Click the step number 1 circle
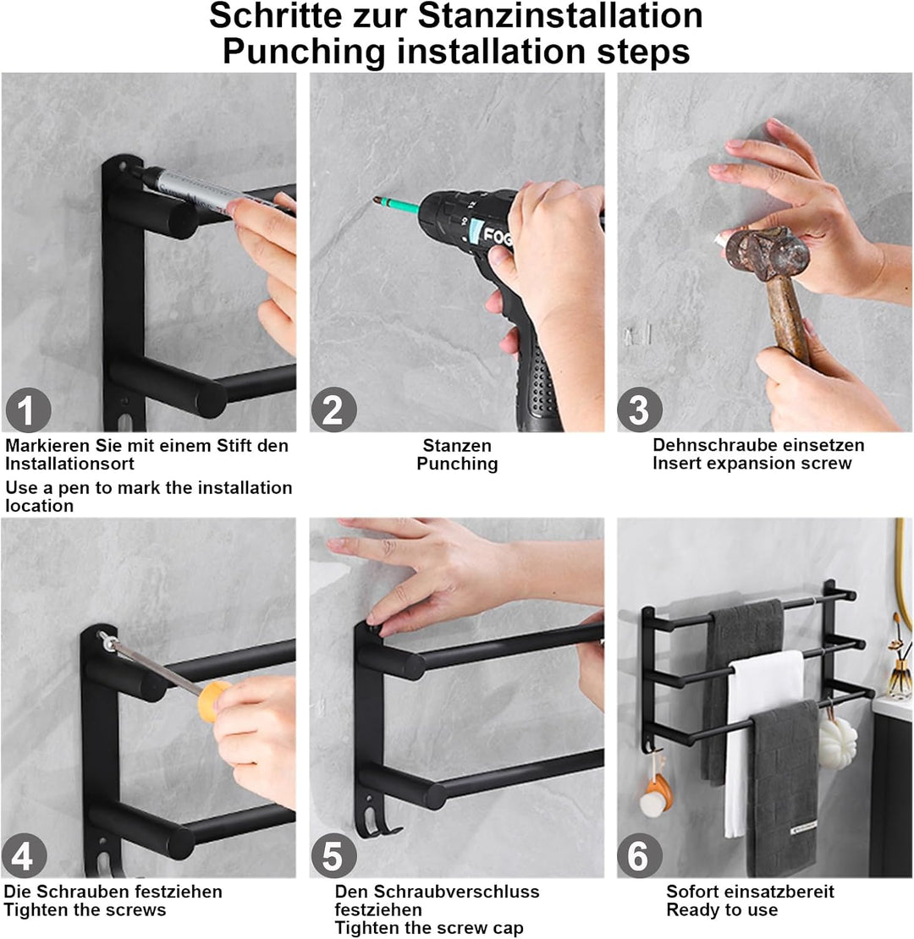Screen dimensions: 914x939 [x=28, y=410]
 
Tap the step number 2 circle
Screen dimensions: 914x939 [x=333, y=410]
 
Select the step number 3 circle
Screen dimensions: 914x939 [x=640, y=410]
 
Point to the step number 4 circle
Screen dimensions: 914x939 [x=24, y=856]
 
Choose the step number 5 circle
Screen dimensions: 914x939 [x=333, y=856]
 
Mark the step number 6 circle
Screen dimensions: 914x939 [x=640, y=856]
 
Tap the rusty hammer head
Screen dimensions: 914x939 [x=768, y=254]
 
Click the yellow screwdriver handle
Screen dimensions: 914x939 [x=214, y=700]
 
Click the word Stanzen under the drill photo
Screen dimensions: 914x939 [x=457, y=446]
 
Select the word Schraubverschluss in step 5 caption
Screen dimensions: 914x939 [x=456, y=892]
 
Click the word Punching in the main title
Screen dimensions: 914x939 [x=304, y=52]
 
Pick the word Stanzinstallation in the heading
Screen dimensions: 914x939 [x=560, y=15]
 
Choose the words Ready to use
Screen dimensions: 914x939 [x=722, y=910]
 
